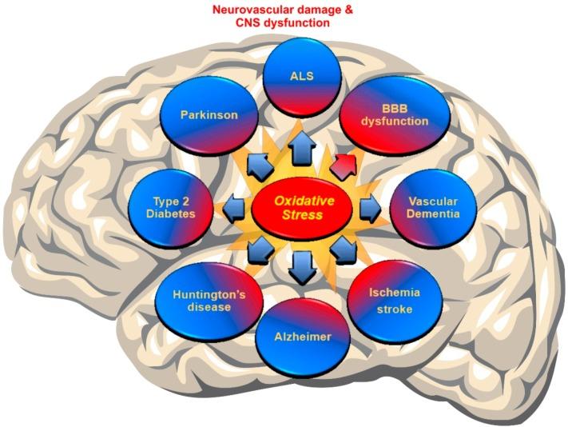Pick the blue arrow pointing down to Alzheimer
click(x=302, y=267)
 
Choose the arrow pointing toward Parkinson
click(x=257, y=166)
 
